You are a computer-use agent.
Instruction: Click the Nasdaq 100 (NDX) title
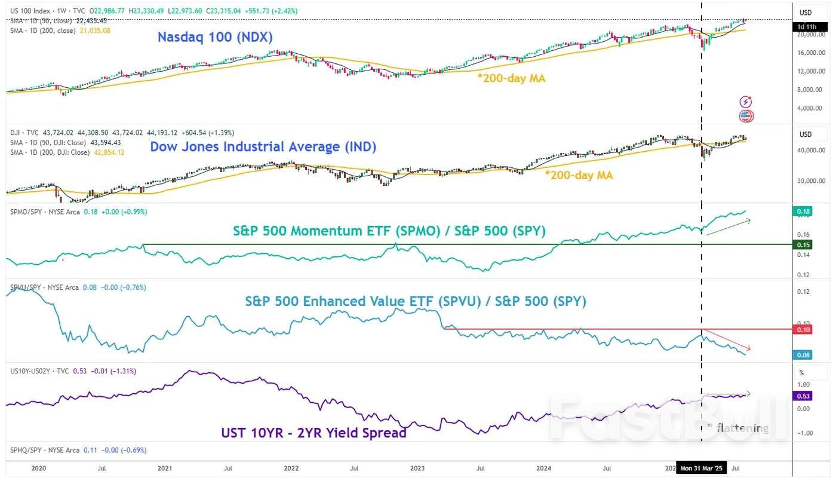[x=215, y=37]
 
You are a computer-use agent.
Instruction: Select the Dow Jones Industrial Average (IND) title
[x=263, y=146]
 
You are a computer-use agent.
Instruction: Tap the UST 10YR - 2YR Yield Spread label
[x=314, y=433]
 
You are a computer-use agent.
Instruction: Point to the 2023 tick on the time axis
[x=417, y=469]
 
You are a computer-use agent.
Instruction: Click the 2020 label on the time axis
[x=38, y=469]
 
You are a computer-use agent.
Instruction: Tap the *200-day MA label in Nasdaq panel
[x=511, y=78]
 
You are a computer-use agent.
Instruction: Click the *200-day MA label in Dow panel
[x=579, y=175]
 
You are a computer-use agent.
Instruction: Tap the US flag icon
[x=746, y=116]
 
